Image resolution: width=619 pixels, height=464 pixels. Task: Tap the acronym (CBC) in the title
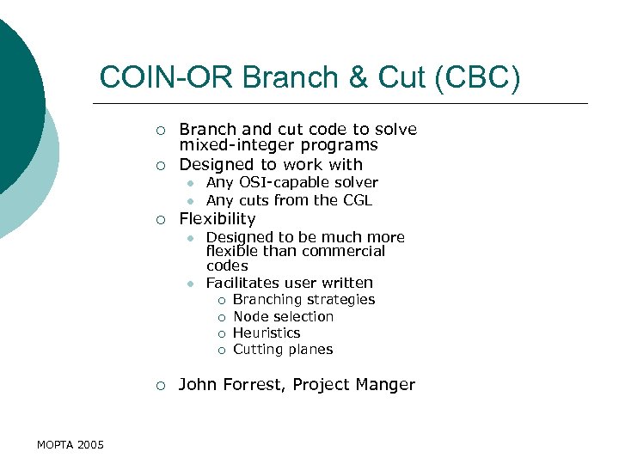click(478, 77)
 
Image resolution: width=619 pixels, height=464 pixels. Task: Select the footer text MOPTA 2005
click(70, 444)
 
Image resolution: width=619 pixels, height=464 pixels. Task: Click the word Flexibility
click(218, 219)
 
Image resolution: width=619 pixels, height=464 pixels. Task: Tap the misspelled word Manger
click(388, 385)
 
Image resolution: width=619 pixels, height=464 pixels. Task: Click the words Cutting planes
click(283, 350)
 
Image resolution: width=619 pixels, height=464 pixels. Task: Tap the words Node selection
click(283, 316)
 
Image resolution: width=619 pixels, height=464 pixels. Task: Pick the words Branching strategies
click(303, 300)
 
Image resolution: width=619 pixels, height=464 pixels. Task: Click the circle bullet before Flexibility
click(160, 220)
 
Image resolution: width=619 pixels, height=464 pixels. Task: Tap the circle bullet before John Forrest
click(160, 386)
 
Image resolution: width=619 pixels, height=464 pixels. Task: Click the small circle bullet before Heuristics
click(221, 333)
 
